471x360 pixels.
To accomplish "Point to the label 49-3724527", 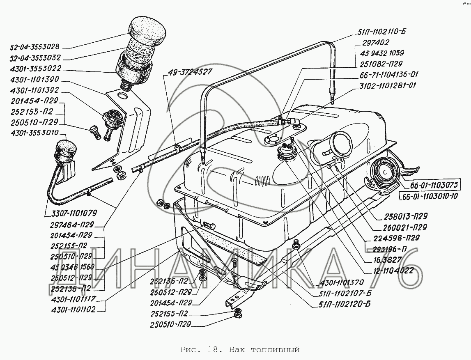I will click(190, 72).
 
